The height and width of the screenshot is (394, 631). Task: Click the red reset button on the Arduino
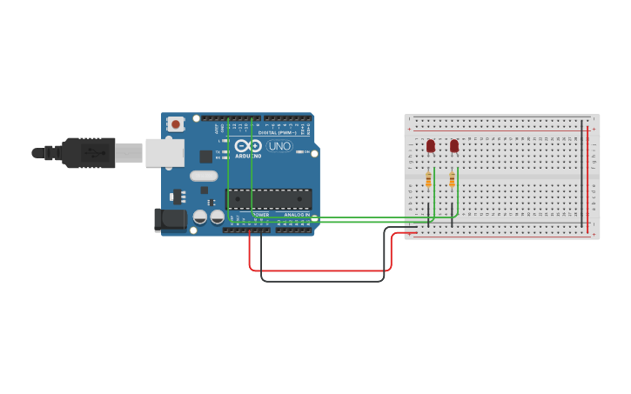pos(176,124)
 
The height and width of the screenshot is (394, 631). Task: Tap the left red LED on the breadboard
pos(431,146)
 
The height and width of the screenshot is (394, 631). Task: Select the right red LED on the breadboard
pos(454,146)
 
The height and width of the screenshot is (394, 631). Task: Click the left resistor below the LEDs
pos(428,179)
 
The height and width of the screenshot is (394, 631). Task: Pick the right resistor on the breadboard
pos(452,179)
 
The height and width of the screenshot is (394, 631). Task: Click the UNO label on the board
pos(279,145)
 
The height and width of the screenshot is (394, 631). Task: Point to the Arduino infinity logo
pos(248,145)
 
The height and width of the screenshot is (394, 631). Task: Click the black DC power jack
pos(171,219)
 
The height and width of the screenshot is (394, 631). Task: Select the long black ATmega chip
pos(268,199)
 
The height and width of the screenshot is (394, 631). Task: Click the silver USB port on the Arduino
pos(164,153)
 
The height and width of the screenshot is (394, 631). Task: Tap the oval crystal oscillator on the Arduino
pos(208,176)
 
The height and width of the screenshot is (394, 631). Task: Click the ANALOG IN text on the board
pos(296,214)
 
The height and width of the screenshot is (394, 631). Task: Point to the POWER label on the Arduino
pos(260,214)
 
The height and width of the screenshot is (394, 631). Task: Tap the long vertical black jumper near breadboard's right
pos(581,174)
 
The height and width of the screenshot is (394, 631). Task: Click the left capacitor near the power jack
pos(200,217)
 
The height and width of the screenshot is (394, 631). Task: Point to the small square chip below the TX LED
pos(206,157)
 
